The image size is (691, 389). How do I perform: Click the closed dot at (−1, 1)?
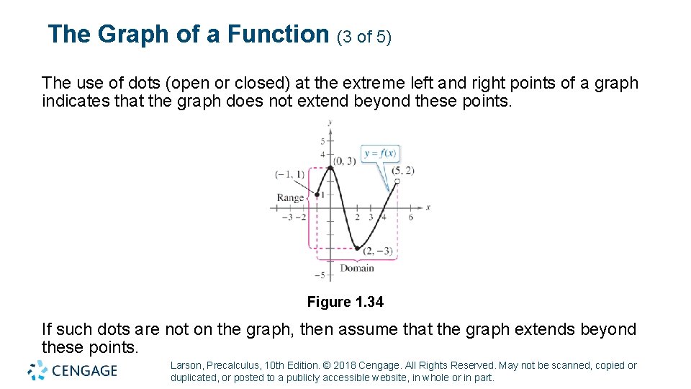317,194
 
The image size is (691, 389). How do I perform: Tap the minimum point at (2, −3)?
357,249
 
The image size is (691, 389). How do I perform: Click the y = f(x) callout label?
380,153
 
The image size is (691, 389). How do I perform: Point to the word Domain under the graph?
357,268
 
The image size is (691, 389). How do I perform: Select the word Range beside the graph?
291,198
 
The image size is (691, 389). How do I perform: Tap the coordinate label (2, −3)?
378,251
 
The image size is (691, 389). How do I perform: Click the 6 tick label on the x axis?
410,217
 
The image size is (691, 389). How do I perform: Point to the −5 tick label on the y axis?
320,275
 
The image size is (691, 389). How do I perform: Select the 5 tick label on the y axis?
322,141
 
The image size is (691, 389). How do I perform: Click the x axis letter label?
428,207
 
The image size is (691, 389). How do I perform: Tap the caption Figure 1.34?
345,303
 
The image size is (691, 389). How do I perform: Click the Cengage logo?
72,371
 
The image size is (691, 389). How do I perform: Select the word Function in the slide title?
278,34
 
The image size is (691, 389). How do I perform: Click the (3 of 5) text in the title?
364,37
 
